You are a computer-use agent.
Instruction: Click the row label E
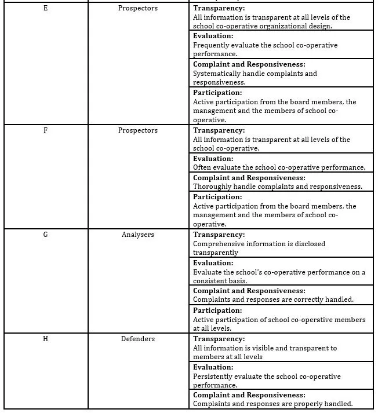46,8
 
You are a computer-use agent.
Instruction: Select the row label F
46,130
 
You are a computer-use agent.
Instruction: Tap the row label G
46,235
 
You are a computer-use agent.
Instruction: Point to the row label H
46,339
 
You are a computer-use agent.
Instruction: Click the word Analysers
138,235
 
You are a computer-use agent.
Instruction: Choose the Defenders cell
138,339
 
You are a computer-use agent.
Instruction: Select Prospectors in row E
138,8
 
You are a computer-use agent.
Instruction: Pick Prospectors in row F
138,130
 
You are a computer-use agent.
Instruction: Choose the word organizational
285,26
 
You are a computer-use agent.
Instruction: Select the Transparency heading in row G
219,235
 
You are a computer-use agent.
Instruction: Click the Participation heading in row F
217,197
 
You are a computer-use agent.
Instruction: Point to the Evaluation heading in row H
213,367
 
